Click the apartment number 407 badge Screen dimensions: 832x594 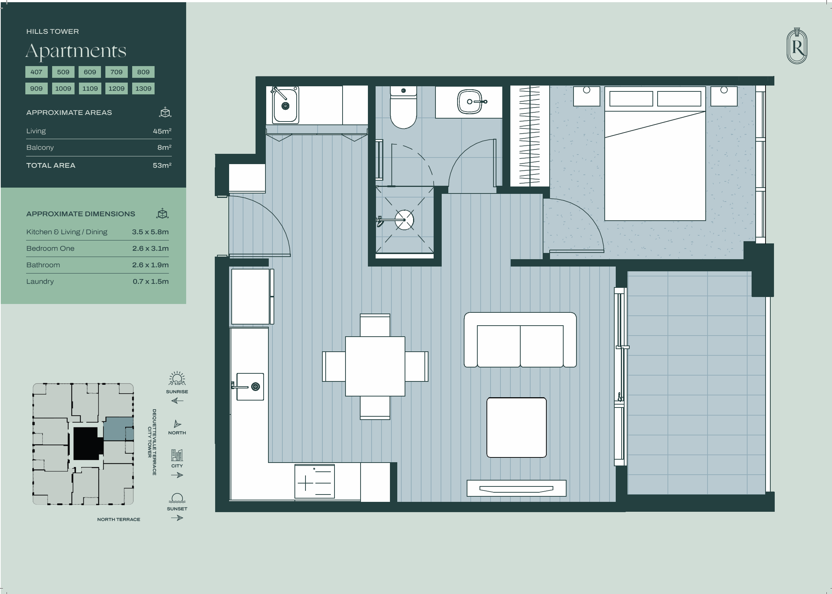36,72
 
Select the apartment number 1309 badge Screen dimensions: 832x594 143,88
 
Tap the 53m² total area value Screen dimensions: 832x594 162,165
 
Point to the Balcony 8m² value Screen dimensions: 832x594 164,147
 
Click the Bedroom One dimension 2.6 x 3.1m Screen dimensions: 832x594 151,249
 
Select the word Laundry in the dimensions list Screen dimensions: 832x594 40,282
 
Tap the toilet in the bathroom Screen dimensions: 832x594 403,107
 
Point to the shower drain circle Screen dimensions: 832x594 404,220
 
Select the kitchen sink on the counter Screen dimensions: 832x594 250,387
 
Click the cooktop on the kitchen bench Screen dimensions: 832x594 315,481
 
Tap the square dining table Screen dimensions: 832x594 375,366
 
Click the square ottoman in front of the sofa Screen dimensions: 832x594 517,428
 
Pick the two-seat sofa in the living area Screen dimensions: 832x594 520,340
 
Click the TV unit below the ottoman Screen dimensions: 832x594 516,488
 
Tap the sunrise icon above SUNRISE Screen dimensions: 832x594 177,379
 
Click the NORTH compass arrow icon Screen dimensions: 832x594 177,424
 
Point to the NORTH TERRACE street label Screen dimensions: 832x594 119,519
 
